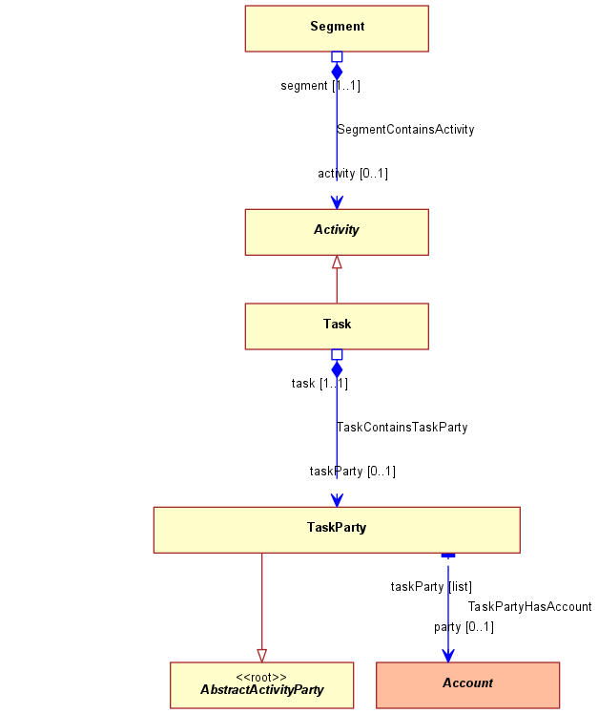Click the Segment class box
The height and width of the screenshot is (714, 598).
337,29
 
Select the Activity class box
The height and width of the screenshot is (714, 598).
337,232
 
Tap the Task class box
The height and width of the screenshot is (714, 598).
337,326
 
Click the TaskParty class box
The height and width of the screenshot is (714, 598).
337,530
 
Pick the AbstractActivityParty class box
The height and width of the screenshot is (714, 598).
261,684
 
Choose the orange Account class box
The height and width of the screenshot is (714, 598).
468,684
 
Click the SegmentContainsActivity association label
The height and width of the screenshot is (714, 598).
405,130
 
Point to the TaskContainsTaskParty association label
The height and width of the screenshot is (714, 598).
402,428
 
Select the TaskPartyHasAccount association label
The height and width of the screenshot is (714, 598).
529,607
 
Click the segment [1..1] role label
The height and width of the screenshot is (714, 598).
320,86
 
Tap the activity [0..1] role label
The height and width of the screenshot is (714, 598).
353,174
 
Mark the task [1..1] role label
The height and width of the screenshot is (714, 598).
320,384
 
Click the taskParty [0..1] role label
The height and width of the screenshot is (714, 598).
352,471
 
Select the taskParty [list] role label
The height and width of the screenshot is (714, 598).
431,586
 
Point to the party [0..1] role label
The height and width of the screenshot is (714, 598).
464,627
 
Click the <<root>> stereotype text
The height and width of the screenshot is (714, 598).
261,677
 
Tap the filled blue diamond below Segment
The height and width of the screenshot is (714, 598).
337,72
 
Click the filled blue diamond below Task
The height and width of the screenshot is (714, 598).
337,369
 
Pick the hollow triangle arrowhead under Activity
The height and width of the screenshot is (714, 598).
337,262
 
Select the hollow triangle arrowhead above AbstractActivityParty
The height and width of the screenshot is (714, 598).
261,656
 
